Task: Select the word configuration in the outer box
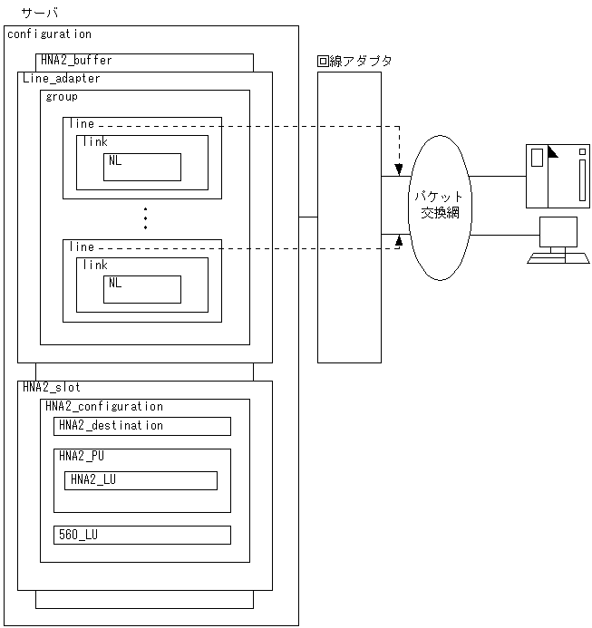(49, 34)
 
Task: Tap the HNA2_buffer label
(76, 61)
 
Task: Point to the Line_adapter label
(61, 79)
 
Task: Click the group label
(62, 97)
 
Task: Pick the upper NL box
(141, 167)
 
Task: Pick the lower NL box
(141, 289)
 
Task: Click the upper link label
(94, 142)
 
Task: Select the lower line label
(81, 246)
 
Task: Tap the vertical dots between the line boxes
(145, 218)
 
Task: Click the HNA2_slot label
(51, 387)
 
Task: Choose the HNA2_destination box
(142, 426)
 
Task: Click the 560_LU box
(142, 535)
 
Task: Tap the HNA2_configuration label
(104, 407)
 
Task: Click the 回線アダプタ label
(355, 61)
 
